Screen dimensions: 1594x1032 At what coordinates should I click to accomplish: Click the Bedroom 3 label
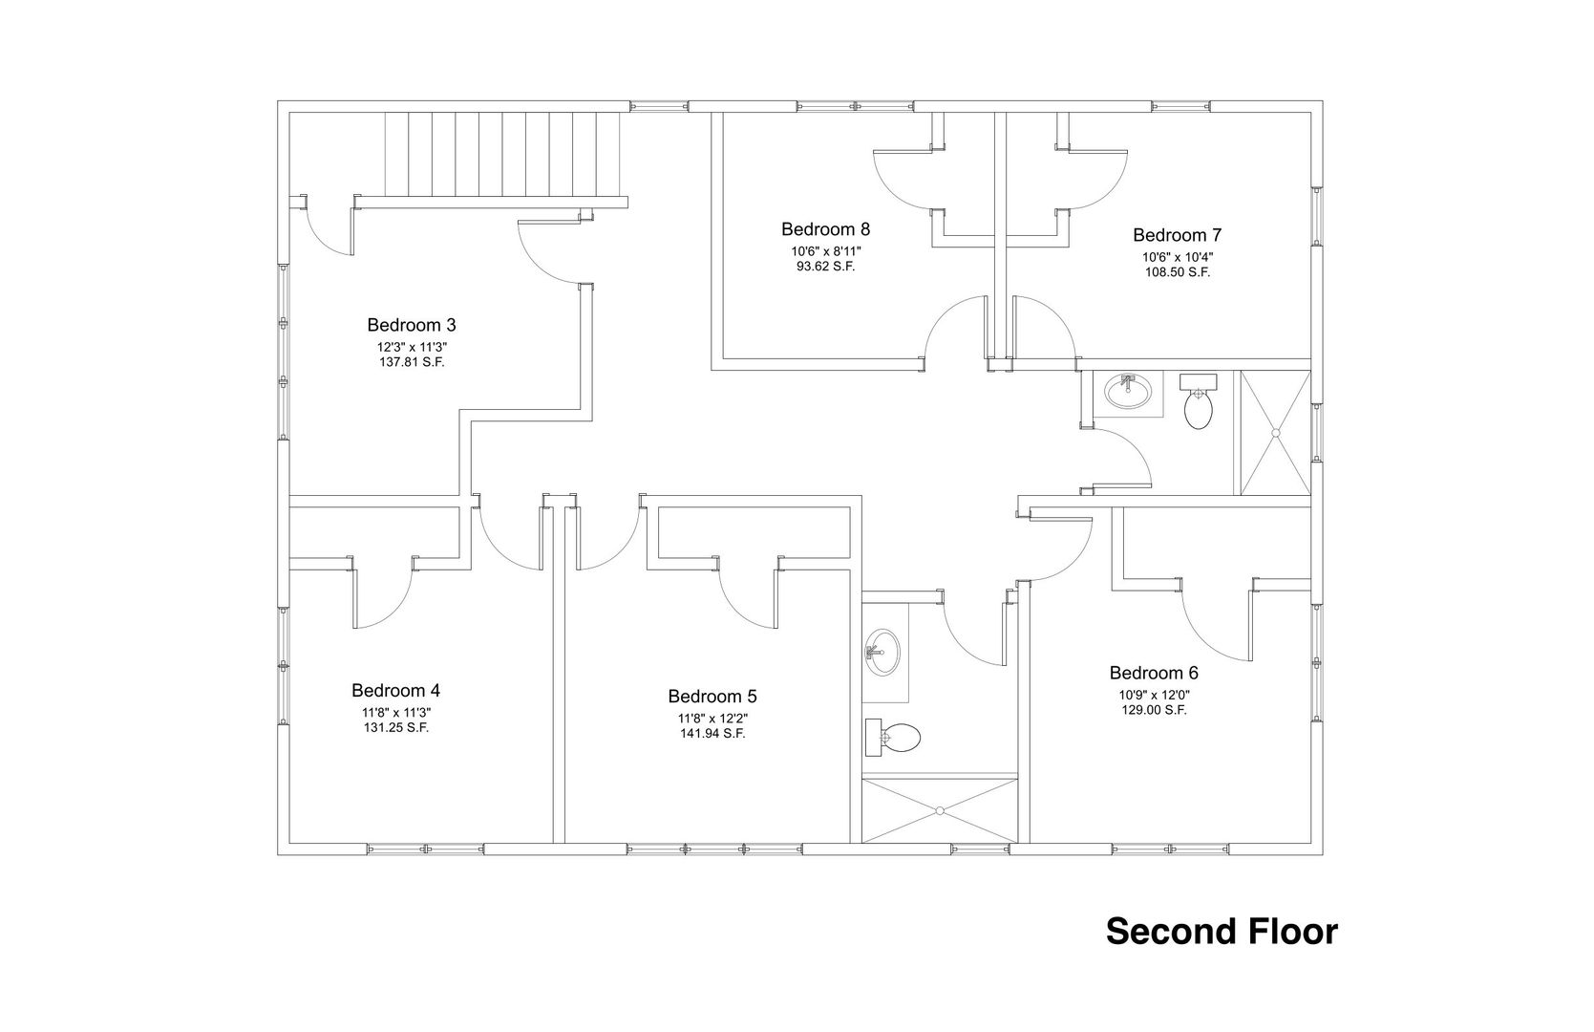tap(412, 325)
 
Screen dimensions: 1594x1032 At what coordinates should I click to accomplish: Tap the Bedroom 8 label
tap(825, 229)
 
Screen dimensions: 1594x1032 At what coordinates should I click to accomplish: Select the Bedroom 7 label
tap(1177, 235)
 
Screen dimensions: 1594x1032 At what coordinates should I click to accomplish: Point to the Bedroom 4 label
tap(395, 690)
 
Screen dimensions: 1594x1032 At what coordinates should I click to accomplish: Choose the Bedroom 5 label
tap(712, 696)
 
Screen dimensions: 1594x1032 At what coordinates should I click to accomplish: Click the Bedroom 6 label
tap(1154, 673)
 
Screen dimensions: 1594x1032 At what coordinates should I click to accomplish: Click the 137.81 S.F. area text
tap(412, 362)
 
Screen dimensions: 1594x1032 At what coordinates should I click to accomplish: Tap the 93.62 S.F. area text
tap(825, 268)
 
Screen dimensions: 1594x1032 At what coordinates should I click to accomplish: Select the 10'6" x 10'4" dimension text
tap(1178, 257)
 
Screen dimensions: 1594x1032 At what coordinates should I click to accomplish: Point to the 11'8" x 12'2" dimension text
tap(712, 719)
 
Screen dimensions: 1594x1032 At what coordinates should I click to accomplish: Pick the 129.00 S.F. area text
tap(1155, 710)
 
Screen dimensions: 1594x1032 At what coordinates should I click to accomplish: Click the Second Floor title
tap(1222, 932)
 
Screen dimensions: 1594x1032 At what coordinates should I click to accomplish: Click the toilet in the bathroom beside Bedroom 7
tap(1199, 401)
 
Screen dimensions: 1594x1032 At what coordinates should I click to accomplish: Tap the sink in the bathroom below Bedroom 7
tap(1128, 391)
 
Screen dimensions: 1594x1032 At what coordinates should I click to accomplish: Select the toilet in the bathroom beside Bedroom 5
tap(893, 737)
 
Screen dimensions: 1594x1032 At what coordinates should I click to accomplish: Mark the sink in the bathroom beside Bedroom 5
tap(883, 653)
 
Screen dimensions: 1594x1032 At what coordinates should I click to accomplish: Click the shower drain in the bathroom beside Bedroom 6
tap(940, 810)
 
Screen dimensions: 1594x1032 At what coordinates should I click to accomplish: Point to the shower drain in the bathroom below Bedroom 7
tap(1276, 432)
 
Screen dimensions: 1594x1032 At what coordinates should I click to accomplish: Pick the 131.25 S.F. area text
tap(396, 728)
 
